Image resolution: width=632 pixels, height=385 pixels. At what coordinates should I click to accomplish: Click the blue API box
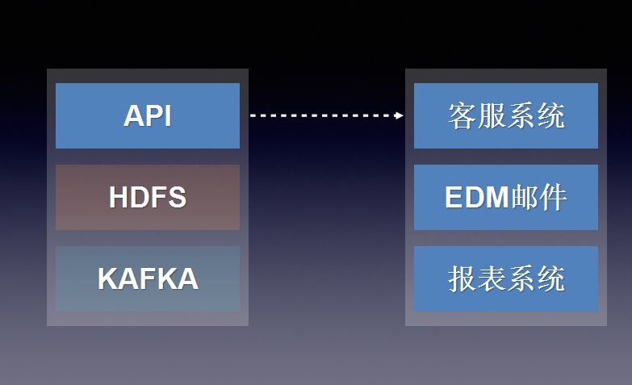click(147, 115)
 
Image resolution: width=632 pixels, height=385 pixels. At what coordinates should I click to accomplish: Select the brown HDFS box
click(147, 197)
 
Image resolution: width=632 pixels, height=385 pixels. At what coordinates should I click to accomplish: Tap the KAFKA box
click(147, 278)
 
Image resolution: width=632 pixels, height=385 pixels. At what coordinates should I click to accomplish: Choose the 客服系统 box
click(506, 115)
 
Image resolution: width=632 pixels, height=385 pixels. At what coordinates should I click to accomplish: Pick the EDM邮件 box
click(506, 197)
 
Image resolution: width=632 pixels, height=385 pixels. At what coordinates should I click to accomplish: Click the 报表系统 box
click(506, 278)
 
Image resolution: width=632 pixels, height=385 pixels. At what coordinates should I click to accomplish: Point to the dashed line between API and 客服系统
click(323, 115)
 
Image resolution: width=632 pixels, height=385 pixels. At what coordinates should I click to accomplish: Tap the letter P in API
click(152, 115)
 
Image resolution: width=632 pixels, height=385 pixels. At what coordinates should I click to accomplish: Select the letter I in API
click(167, 115)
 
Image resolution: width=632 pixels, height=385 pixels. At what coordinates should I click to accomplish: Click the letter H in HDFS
click(119, 197)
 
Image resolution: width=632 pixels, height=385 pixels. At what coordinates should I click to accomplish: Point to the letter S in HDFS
click(178, 197)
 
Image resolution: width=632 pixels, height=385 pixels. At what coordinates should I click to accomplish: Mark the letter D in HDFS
click(139, 197)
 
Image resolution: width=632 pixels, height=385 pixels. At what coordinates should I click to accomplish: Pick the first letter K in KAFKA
click(107, 278)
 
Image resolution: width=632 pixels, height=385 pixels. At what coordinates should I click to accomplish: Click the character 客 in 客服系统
click(462, 115)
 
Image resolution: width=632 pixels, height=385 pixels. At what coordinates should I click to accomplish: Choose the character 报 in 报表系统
click(462, 278)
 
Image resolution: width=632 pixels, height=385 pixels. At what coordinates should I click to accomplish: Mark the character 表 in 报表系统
click(492, 278)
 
